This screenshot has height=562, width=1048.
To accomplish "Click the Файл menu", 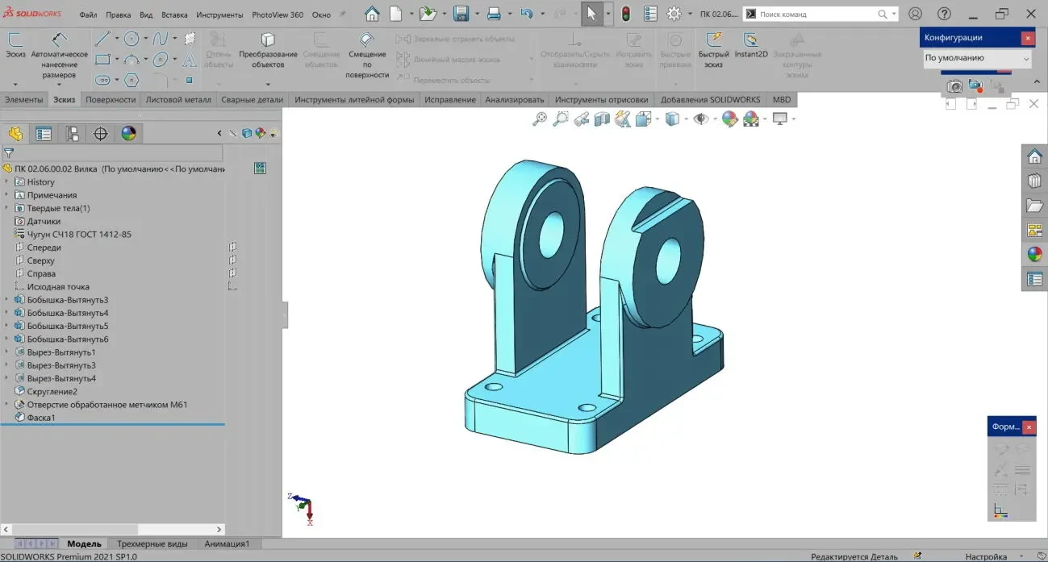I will point(89,15).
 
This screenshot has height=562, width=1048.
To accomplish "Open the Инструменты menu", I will point(219,15).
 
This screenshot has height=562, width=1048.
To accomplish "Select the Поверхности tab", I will point(111,100).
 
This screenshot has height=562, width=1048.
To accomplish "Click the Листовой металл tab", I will point(178,100).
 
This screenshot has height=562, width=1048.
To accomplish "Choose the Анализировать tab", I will point(515,100).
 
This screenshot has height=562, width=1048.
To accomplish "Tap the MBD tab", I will point(782,100).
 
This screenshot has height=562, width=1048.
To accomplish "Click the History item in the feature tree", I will point(40,182).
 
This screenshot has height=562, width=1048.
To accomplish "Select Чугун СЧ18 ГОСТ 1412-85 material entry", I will point(79,235).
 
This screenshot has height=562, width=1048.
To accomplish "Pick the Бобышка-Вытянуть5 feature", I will point(68,326).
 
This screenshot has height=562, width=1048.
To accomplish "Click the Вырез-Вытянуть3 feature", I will point(61,365).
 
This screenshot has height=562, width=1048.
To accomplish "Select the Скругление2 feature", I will point(52,391).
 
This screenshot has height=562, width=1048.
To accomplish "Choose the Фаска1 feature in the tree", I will point(41,418).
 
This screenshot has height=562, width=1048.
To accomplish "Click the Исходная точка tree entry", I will point(58,287).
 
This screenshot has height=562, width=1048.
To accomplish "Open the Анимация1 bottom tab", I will point(227,543).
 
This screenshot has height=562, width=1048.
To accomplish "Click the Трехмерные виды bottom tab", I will point(152,543).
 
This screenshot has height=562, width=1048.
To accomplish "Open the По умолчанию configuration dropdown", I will point(977,58).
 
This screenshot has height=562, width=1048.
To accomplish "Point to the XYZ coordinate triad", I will point(303,509).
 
